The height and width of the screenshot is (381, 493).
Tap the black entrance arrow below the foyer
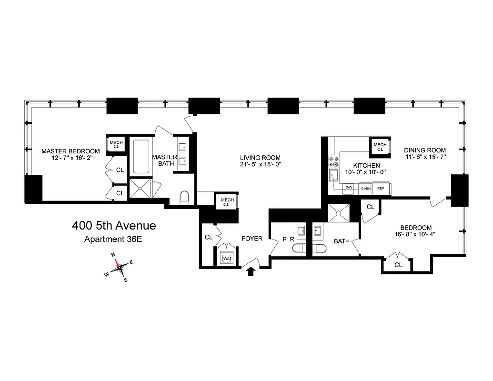252,271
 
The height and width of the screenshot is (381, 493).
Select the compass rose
121,267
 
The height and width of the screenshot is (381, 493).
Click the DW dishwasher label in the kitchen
349,188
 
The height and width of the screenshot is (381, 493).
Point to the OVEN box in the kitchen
365,188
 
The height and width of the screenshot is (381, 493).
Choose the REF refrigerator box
381,188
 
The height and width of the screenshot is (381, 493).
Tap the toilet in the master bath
184,197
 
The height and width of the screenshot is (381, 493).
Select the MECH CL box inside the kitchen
380,147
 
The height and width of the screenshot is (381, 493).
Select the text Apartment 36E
113,239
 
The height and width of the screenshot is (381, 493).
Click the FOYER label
252,238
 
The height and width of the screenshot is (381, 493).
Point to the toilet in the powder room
300,248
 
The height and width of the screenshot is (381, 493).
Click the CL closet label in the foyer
208,237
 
